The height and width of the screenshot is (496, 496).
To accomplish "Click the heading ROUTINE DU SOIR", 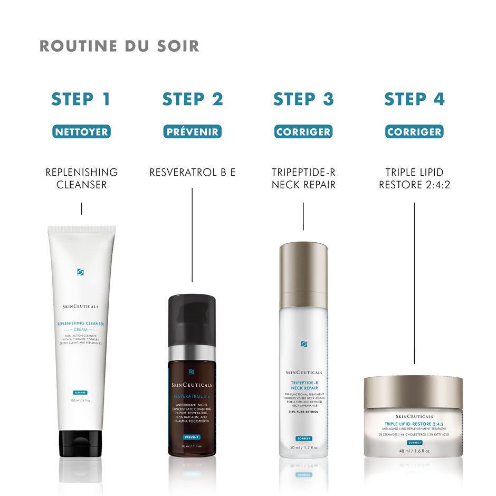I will [119, 46].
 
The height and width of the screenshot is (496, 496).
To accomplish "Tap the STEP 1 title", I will [81, 99].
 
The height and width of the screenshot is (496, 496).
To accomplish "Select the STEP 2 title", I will [192, 99].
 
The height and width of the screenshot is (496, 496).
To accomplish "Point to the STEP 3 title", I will [303, 99].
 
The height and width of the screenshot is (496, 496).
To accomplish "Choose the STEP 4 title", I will [414, 99].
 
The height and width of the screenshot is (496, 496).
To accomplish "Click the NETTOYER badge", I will [81, 132].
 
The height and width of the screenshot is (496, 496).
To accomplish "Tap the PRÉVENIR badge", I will [192, 132].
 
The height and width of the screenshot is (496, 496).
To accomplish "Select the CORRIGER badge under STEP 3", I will [303, 132].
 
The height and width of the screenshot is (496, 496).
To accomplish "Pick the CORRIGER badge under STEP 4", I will [414, 132].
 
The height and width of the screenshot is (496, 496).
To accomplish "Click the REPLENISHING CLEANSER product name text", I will [81, 178].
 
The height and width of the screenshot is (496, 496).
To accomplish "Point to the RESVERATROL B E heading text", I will [192, 173].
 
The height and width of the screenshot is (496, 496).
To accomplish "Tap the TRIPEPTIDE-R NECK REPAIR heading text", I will [303, 178].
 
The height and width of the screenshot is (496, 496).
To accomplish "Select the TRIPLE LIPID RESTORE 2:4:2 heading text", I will [414, 178].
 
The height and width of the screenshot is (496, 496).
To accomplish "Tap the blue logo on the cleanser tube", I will [81, 272].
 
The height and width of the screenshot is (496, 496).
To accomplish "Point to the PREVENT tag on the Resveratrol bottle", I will [191, 437].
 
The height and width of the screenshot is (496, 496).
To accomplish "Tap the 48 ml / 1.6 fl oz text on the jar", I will [414, 451].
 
